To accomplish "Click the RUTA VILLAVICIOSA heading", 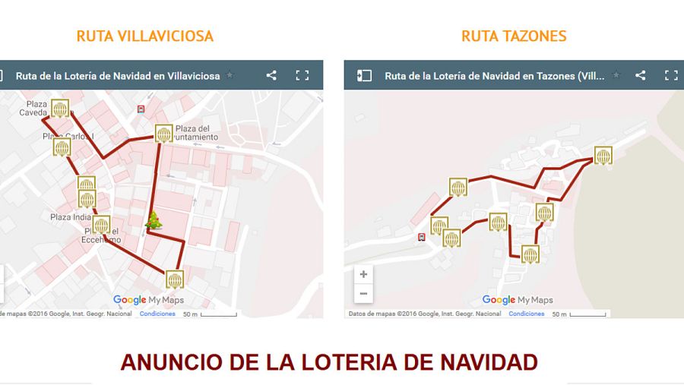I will click(x=144, y=36).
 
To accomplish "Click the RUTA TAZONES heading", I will click(x=514, y=36).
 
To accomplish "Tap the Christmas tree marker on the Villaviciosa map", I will click(x=154, y=221).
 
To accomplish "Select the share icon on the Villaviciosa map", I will click(x=271, y=75).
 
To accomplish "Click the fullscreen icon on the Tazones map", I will click(x=671, y=75).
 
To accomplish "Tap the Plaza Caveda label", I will click(x=35, y=109).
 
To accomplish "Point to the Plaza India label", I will click(x=71, y=217).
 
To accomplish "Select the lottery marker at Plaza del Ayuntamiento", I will click(x=163, y=134).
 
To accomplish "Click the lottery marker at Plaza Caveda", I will click(x=61, y=109).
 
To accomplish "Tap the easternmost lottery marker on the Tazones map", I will click(x=603, y=156).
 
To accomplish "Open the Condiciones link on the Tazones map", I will click(x=526, y=314).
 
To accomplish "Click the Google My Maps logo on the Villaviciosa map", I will click(x=149, y=300).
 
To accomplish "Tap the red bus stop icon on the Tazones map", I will click(x=422, y=237).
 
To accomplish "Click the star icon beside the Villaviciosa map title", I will click(x=230, y=75).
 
